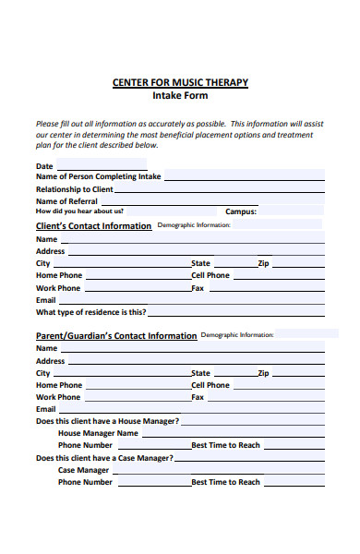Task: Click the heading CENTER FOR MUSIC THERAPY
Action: coord(180,82)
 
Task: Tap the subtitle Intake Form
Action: coord(180,95)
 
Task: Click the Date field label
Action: coord(44,166)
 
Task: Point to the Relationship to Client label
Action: coord(74,189)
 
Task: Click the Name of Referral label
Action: coord(66,201)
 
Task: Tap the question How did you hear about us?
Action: coord(79,211)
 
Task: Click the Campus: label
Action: coord(241,211)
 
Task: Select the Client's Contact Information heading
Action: coord(93,226)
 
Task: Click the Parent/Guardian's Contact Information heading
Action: coord(115,336)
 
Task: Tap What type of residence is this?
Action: coord(90,312)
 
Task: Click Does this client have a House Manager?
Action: coord(107,421)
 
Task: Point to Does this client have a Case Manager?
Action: coord(104,458)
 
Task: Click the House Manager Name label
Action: coord(98,433)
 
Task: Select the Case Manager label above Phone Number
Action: coord(83,470)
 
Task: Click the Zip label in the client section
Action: coord(263,263)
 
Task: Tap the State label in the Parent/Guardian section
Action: coord(200,373)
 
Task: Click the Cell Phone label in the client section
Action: coord(210,275)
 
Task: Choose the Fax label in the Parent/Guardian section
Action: coord(198,397)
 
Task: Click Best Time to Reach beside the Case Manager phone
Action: coord(225,482)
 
